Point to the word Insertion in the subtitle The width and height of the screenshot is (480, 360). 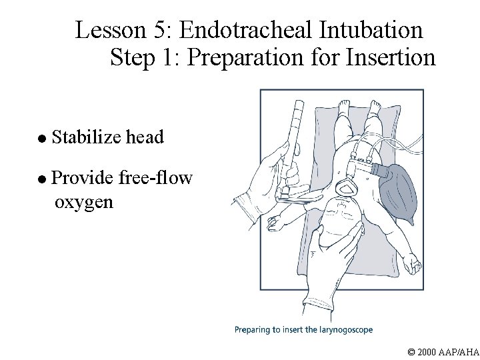[391, 58]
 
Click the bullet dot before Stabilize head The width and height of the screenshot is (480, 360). [43, 139]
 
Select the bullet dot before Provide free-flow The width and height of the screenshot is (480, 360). [43, 179]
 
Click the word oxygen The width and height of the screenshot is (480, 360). [84, 201]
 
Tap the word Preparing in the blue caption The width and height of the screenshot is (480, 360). [252, 330]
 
